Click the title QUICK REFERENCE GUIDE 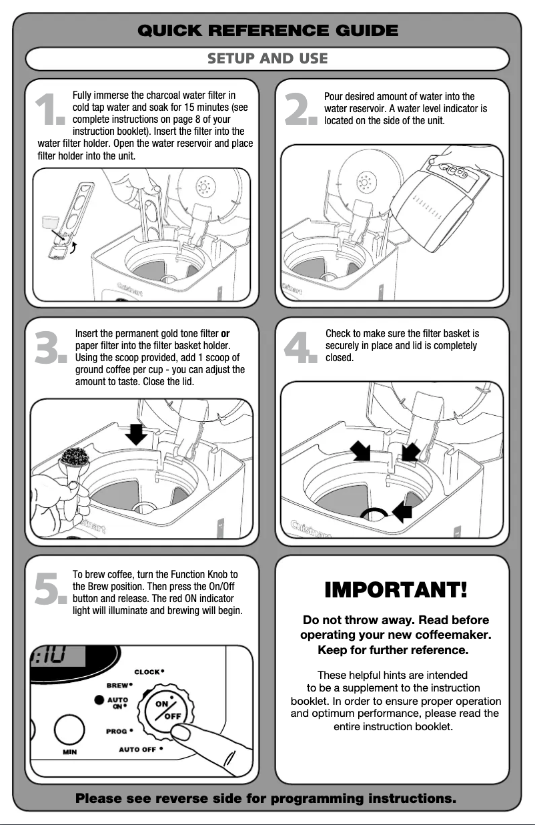267,30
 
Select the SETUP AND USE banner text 267,59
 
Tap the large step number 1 50,110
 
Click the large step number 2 300,110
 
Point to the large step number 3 51,348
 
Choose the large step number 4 300,348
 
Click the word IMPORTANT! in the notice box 396,591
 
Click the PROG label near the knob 117,731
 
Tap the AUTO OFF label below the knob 138,750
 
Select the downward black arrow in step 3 137,435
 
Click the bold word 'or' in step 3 225,333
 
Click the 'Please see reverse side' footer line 266,798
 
